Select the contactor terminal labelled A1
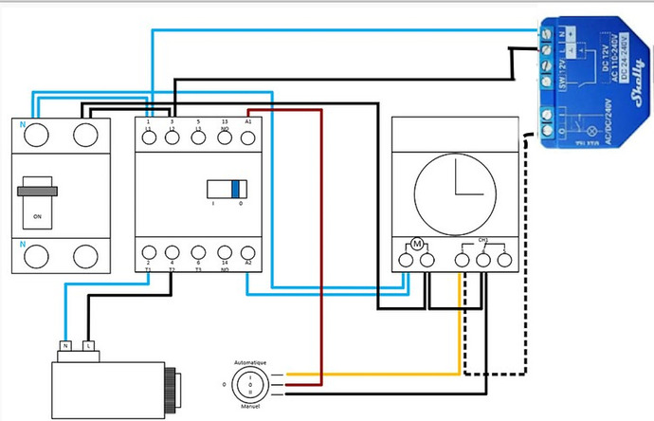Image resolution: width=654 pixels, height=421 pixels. (248, 137)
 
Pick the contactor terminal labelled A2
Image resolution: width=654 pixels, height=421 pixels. (248, 254)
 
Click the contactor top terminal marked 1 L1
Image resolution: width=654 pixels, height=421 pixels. (150, 137)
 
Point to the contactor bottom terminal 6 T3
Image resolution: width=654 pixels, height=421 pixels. (198, 254)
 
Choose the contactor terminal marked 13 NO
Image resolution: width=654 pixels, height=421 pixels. (224, 137)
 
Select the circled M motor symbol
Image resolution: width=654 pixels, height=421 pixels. (415, 246)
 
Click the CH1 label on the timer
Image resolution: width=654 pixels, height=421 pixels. (482, 241)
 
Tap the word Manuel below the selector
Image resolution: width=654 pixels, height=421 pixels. (251, 405)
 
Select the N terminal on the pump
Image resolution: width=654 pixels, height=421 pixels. (66, 345)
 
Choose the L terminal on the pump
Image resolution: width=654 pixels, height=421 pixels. (89, 345)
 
